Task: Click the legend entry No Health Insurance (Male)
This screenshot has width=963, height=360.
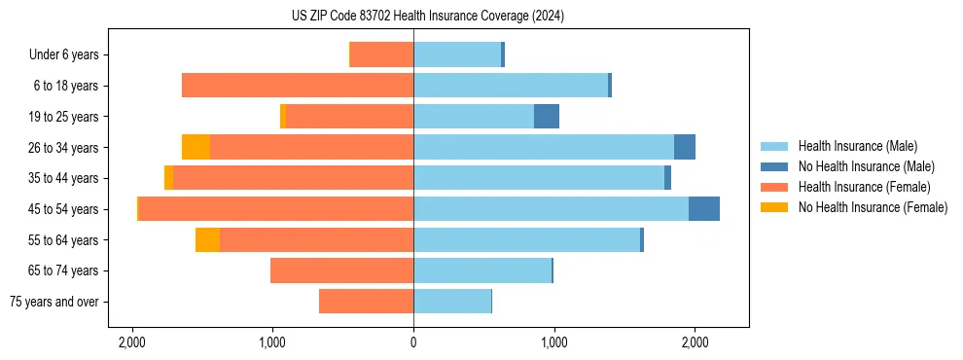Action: (866, 166)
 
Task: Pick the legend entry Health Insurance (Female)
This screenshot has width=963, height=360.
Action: (864, 187)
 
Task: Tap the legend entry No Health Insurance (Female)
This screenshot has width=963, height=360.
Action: (873, 207)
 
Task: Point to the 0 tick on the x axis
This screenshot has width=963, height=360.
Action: (413, 342)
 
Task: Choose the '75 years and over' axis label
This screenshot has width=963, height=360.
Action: (53, 302)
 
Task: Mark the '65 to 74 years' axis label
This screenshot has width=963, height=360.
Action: (61, 270)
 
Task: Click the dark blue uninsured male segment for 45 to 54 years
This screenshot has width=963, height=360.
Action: (704, 209)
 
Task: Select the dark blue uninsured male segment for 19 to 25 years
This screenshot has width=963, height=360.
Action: (547, 117)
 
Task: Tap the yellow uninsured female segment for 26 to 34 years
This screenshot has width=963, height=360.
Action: (196, 148)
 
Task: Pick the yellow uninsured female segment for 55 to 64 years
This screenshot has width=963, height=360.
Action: (207, 240)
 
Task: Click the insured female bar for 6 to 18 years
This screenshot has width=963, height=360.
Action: (298, 86)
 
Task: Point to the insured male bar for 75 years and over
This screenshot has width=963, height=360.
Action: (452, 302)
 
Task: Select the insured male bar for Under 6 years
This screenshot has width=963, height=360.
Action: (457, 55)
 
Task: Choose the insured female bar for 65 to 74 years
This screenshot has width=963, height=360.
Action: (341, 270)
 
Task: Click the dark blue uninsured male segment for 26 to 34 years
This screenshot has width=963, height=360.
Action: (685, 148)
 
